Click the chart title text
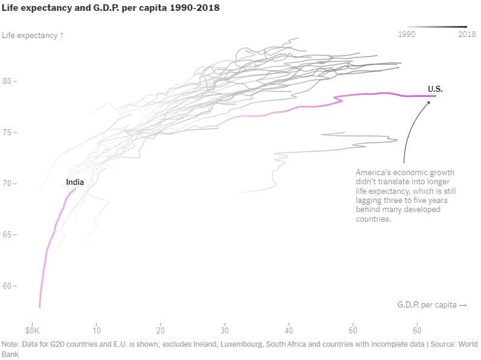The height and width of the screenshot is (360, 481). point(111,8)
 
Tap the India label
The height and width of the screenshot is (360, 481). point(75,182)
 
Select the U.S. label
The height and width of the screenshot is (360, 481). point(435,89)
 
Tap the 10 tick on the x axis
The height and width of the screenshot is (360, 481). point(97,331)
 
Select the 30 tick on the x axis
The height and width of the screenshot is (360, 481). point(225,331)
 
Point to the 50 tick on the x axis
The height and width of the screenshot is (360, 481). point(353,331)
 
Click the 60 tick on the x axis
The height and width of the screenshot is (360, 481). point(417,331)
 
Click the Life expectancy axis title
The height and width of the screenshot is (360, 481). point(33,36)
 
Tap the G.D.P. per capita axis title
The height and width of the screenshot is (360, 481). point(432,305)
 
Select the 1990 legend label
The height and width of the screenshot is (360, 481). point(408,34)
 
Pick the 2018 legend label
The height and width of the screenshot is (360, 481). point(467,34)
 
